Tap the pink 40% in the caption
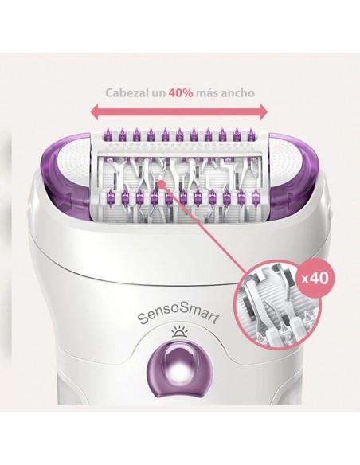click(181, 93)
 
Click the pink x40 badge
click(315, 279)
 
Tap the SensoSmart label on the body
click(179, 317)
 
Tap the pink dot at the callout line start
click(161, 184)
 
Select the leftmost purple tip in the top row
click(108, 134)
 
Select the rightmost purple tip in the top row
click(251, 134)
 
